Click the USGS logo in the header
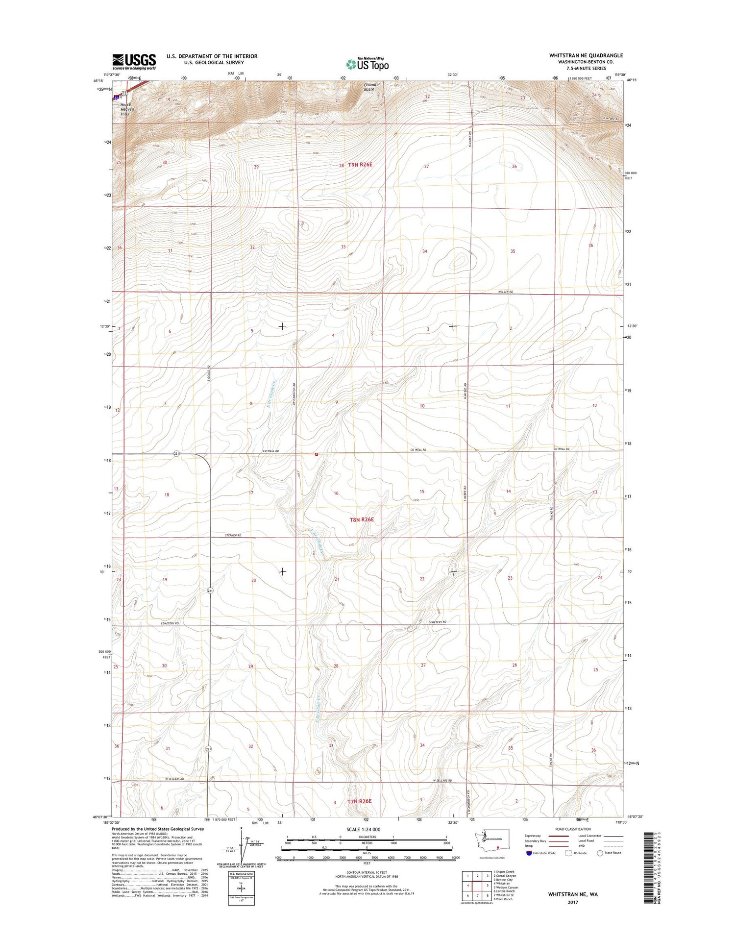click(134, 61)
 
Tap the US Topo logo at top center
click(367, 64)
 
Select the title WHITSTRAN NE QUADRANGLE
click(586, 55)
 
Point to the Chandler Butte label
click(372, 87)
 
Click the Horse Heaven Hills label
click(127, 109)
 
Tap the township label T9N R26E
click(360, 165)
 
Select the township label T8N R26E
click(362, 519)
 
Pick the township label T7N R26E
click(360, 801)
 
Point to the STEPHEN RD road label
click(233, 536)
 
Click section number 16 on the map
click(336, 493)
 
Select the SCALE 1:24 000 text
click(367, 829)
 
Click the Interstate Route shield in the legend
click(529, 853)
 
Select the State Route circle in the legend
click(600, 853)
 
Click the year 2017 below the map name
click(572, 902)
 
